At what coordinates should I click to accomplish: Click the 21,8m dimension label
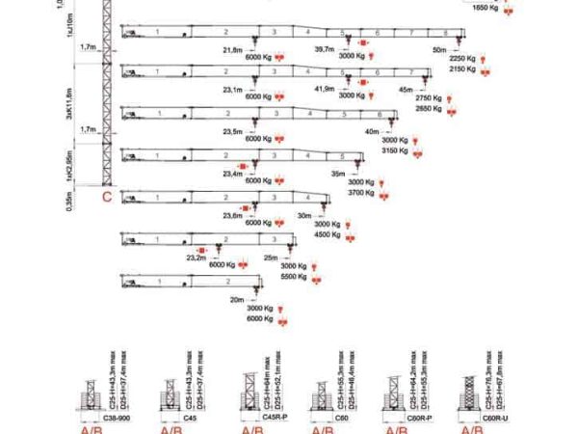[x=231, y=49]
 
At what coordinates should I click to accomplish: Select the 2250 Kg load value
[x=463, y=58]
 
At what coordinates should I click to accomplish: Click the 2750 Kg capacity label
[x=429, y=98]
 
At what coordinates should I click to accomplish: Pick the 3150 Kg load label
[x=396, y=150]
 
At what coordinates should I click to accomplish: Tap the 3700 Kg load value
[x=361, y=193]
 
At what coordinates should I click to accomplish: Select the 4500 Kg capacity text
[x=328, y=234]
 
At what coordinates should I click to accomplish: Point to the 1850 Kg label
[x=486, y=6]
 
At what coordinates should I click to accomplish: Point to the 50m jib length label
[x=439, y=48]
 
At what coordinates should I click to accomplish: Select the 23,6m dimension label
[x=232, y=216]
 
